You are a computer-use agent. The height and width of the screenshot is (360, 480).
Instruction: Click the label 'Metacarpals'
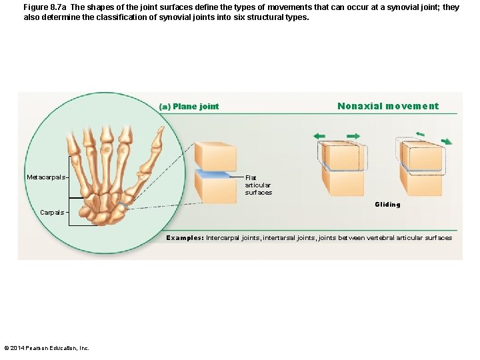pyautogui.click(x=46, y=177)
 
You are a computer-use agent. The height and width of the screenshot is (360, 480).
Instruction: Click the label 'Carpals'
pyautogui.click(x=52, y=213)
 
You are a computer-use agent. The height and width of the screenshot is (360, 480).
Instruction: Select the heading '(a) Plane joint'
pyautogui.click(x=189, y=107)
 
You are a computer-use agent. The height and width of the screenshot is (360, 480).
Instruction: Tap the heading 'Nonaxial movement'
pyautogui.click(x=388, y=106)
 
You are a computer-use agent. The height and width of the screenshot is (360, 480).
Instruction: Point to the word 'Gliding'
pyautogui.click(x=387, y=205)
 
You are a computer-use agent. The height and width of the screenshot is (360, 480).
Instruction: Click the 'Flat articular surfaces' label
pyautogui.click(x=258, y=185)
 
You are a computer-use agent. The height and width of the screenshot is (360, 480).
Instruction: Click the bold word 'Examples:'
pyautogui.click(x=185, y=238)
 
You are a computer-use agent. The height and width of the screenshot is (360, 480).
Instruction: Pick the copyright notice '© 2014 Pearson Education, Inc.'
pyautogui.click(x=46, y=347)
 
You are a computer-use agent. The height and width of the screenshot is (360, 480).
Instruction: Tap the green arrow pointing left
pyautogui.click(x=320, y=136)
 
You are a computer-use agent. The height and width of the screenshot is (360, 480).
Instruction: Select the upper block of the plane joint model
pyautogui.click(x=215, y=156)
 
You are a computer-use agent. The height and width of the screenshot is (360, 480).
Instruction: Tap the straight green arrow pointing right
pyautogui.click(x=353, y=136)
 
